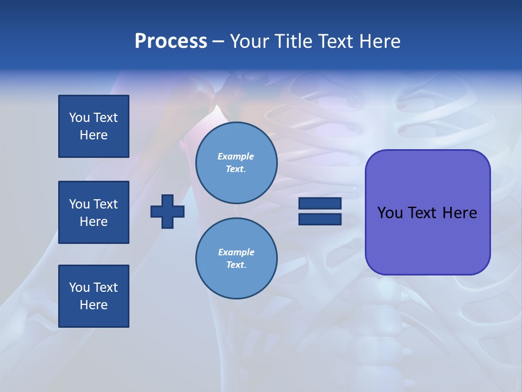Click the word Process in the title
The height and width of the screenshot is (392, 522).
point(171,41)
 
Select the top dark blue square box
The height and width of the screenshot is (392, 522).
point(94,126)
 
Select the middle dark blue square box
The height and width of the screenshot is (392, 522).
point(94,212)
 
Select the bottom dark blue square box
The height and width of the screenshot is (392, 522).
point(94,296)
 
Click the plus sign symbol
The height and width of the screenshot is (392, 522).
point(167,211)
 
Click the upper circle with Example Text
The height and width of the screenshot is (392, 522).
point(236,163)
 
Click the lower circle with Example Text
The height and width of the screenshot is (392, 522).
point(236,259)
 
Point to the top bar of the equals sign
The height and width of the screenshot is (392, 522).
point(320,204)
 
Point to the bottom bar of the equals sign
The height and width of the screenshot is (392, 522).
point(320,219)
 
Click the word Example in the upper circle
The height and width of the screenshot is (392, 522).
point(236,156)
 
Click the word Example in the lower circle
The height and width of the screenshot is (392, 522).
point(236,252)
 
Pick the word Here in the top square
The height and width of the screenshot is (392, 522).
point(94,135)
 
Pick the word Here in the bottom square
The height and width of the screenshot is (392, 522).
point(94,305)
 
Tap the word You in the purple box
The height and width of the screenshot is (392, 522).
point(389,213)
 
